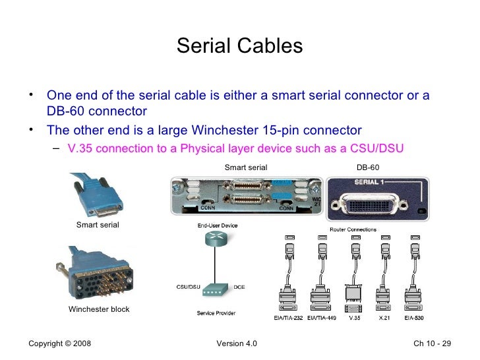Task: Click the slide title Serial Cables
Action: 239,46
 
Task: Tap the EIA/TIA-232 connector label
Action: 287,318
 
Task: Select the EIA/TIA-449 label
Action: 322,318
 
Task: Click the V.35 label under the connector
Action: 354,318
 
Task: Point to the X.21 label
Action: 384,318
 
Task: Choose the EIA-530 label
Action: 414,318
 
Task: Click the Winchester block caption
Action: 99,309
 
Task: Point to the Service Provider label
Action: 216,313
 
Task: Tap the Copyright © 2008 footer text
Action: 61,345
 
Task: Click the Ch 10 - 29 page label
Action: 432,345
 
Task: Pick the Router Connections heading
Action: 353,229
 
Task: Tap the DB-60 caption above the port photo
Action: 367,167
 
